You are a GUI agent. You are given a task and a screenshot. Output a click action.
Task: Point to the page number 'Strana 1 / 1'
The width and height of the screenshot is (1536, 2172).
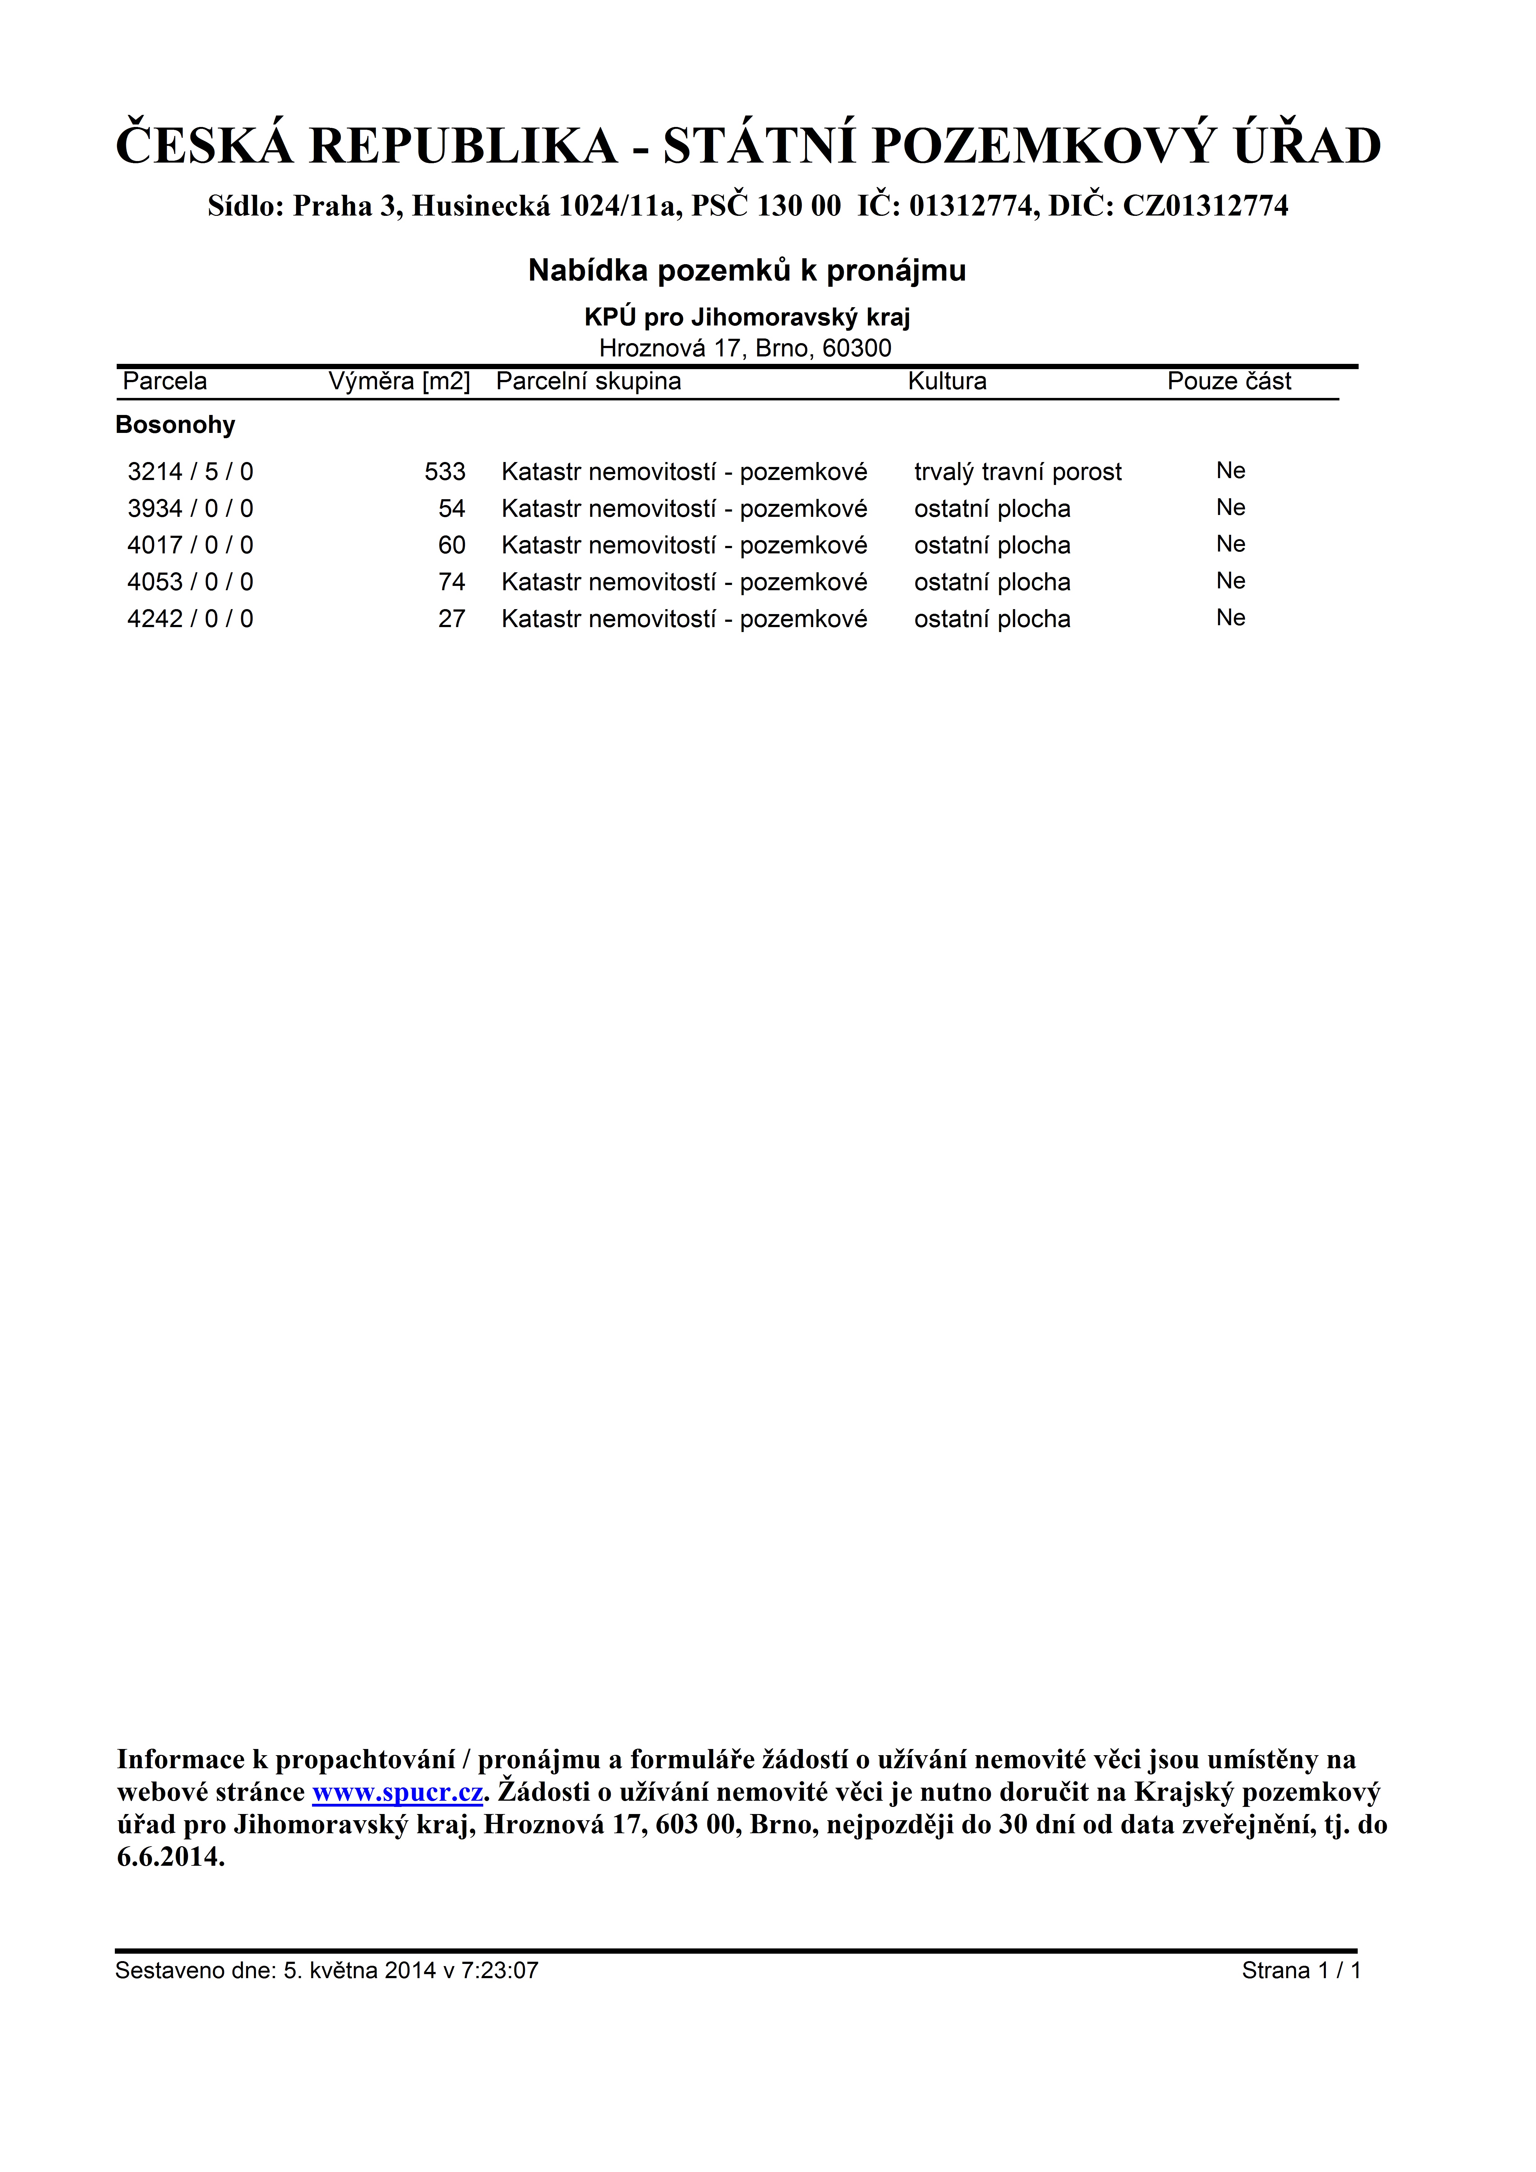tap(1300, 1970)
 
